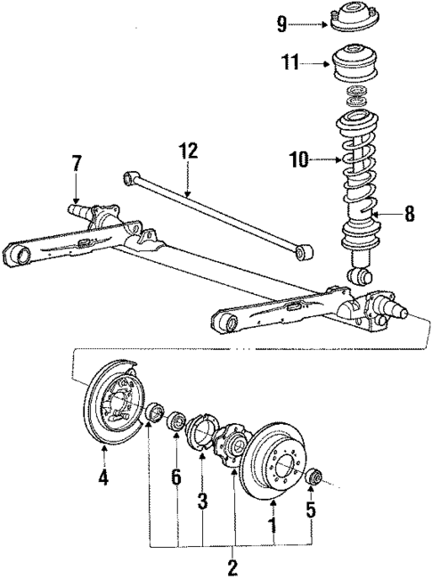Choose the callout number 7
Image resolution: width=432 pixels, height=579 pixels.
pyautogui.click(x=76, y=164)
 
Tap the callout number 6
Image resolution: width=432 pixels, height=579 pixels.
pyautogui.click(x=176, y=477)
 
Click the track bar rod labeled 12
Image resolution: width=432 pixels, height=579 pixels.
pyautogui.click(x=219, y=214)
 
